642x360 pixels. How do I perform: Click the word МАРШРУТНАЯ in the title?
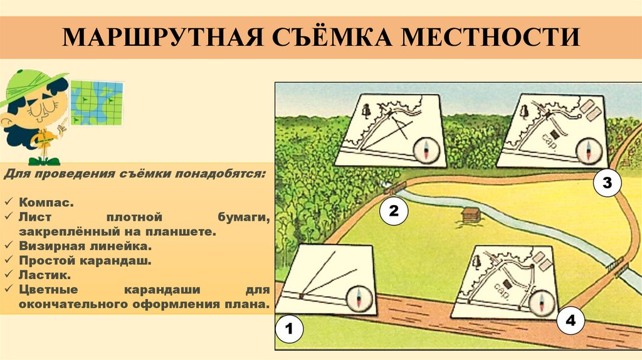click(x=162, y=37)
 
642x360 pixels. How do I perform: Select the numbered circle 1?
click(x=290, y=329)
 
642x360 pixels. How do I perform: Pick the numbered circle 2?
click(x=394, y=211)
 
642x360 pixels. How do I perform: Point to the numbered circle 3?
click(x=607, y=183)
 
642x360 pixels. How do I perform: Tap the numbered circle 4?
click(x=571, y=320)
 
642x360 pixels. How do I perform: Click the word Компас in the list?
click(x=45, y=203)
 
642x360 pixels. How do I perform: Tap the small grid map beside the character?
click(x=97, y=103)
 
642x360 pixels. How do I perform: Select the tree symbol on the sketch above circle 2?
click(x=366, y=110)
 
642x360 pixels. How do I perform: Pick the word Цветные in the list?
click(x=48, y=290)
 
